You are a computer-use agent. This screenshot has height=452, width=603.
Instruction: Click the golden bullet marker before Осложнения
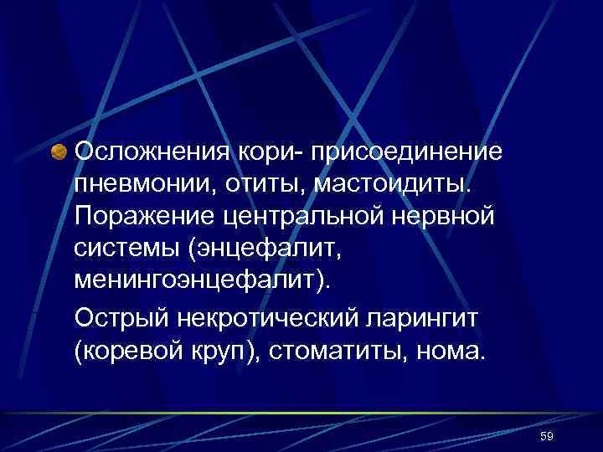(x=59, y=153)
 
